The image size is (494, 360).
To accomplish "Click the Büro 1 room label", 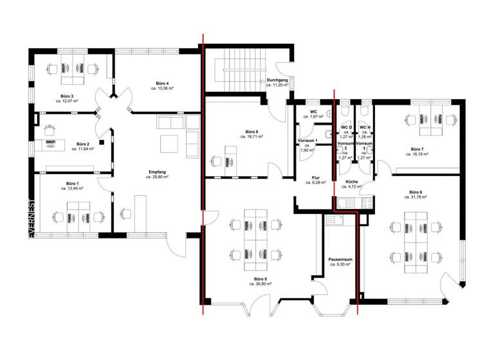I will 68,184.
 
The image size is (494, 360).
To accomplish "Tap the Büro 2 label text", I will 82,143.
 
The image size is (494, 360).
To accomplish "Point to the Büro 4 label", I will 162,83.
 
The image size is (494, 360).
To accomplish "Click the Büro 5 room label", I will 261,278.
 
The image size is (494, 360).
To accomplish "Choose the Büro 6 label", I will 416,192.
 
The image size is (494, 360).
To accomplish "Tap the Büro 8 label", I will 252,132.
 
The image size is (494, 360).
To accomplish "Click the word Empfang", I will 158,172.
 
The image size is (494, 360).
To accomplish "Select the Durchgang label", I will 277,80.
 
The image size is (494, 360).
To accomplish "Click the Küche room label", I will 351,182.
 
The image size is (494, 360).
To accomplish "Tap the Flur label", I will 315,178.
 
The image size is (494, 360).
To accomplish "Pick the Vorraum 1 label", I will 307,140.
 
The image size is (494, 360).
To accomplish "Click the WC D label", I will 346,127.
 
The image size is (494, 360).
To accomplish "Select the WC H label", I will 365,127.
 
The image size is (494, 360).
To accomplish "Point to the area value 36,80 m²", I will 262,283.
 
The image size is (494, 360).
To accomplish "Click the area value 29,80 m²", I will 158,177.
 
